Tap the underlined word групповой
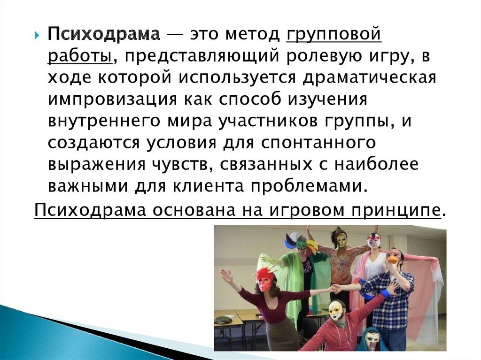[x=334, y=35]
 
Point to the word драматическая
[x=369, y=77]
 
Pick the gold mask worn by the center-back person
[x=340, y=240]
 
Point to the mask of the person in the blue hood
[x=372, y=339]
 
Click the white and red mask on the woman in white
[x=374, y=241]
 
